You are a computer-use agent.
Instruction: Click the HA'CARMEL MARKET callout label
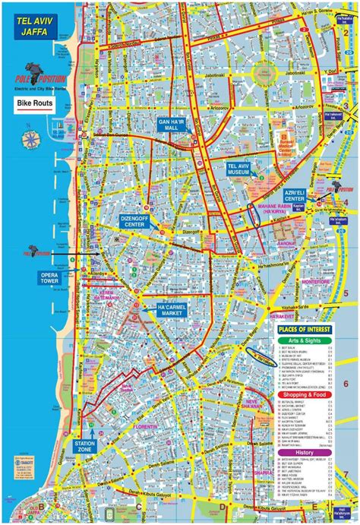point(172,310)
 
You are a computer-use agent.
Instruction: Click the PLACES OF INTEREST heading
point(303,328)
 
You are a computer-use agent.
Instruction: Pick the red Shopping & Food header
point(303,396)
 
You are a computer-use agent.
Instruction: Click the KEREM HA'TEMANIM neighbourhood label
point(103,294)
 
